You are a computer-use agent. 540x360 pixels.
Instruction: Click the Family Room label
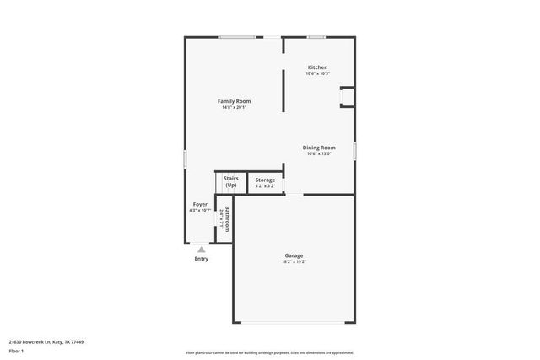pyautogui.click(x=234, y=101)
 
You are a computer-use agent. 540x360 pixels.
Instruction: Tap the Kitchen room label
pyautogui.click(x=317, y=67)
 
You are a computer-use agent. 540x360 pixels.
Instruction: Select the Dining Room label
pyautogui.click(x=319, y=148)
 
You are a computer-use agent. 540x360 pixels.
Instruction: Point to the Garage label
pyautogui.click(x=294, y=255)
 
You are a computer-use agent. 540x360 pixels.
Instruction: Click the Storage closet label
pyautogui.click(x=265, y=180)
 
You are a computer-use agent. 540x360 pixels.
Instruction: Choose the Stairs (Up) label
pyautogui.click(x=230, y=181)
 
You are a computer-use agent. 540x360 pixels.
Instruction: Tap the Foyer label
pyautogui.click(x=200, y=204)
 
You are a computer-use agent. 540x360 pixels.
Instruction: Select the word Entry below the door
pyautogui.click(x=201, y=259)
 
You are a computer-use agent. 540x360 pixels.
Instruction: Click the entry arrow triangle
pyautogui.click(x=201, y=250)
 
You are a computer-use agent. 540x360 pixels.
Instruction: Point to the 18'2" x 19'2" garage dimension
pyautogui.click(x=294, y=262)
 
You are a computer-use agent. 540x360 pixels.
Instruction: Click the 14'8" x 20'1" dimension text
pyautogui.click(x=234, y=108)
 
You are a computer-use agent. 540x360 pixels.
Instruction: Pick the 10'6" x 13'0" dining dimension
pyautogui.click(x=319, y=154)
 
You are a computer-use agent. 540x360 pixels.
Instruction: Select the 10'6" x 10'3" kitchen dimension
pyautogui.click(x=317, y=74)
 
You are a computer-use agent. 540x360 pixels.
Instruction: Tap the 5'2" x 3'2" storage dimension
pyautogui.click(x=265, y=186)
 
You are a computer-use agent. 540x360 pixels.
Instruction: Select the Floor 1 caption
pyautogui.click(x=17, y=351)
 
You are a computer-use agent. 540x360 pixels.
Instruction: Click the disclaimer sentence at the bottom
pyautogui.click(x=270, y=352)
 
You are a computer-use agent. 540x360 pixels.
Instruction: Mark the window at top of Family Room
pyautogui.click(x=237, y=37)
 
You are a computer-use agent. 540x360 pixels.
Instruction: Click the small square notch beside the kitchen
pyautogui.click(x=347, y=99)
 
